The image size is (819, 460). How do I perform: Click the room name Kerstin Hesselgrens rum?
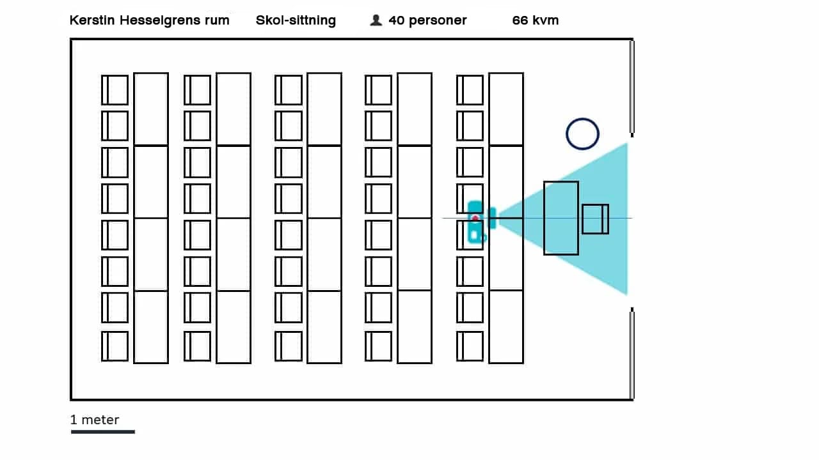pos(149,20)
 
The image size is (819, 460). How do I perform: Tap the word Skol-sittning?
pos(296,20)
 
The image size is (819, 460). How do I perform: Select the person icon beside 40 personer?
pos(376,20)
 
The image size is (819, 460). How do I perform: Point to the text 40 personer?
pos(427,20)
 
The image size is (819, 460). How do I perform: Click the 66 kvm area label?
pos(535,20)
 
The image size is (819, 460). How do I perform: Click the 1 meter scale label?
pos(95,420)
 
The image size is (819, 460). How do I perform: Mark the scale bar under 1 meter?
pos(102,432)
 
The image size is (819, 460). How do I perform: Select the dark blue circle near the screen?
pos(582,134)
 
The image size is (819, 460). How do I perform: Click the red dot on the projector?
pos(475,218)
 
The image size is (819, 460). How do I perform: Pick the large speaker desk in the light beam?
pos(561,218)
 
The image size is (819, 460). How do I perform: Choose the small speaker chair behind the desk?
pos(595,218)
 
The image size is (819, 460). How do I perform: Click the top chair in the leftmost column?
pos(115,90)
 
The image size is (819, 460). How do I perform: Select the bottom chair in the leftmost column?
pos(115,346)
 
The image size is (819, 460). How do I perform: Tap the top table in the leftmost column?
pos(151,109)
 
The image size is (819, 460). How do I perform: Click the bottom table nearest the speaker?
pos(506,326)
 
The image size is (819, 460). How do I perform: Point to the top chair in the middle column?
pos(289,90)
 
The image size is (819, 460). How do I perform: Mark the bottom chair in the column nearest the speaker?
pos(470,346)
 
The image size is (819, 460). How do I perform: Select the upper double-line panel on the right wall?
pos(632,88)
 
